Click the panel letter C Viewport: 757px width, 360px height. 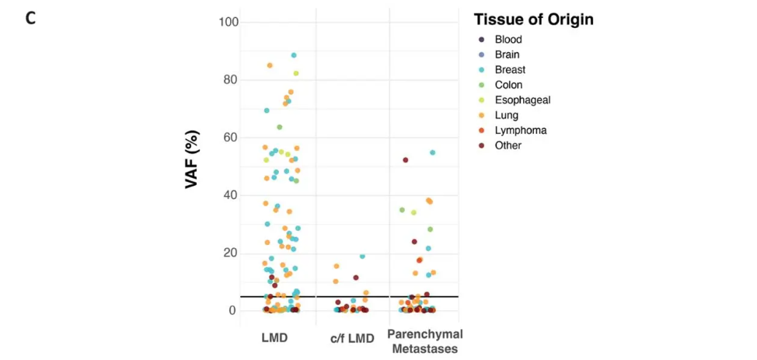[30, 17]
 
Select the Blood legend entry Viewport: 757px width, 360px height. [508, 40]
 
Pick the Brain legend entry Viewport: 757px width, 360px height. [507, 54]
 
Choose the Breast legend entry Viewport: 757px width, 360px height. [509, 70]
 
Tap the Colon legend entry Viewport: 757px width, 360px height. [508, 85]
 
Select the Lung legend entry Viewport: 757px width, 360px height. [506, 115]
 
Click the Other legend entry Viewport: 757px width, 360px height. [508, 145]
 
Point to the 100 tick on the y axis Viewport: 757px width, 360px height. [228, 22]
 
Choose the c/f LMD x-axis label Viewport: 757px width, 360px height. [351, 338]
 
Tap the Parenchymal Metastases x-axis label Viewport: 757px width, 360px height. [424, 341]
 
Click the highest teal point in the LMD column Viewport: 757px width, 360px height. [294, 55]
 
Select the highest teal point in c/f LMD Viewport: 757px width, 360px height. [362, 257]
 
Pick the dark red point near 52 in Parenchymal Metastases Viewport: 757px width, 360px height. [406, 160]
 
